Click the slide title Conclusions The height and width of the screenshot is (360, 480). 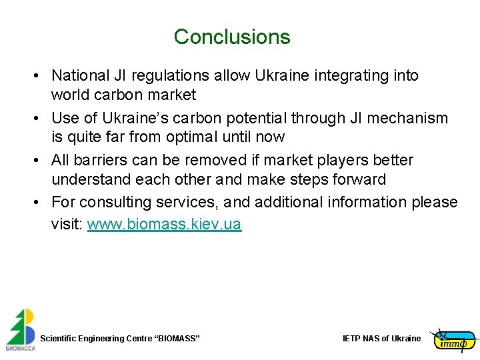coord(232,37)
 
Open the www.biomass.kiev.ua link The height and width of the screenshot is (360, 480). coord(164,225)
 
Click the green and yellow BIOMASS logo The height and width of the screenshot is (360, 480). coord(20,329)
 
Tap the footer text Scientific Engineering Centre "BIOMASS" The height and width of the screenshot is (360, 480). coord(120,339)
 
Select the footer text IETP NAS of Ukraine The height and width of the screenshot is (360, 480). coord(381,339)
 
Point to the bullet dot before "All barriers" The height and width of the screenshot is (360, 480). coord(39,161)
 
